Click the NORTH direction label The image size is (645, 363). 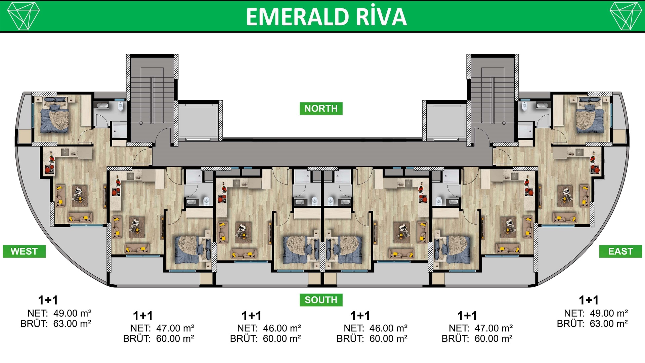(x=321, y=109)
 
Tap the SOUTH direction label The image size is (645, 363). (x=321, y=300)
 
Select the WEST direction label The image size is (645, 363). (x=24, y=251)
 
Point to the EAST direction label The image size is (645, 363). (x=620, y=251)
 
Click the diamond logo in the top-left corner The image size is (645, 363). (x=24, y=16)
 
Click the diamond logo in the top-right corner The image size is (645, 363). (x=626, y=16)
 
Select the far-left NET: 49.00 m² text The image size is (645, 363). (x=59, y=313)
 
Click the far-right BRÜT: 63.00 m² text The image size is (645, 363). (x=593, y=324)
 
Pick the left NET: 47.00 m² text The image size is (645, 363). (x=162, y=328)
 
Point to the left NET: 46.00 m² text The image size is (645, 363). (x=269, y=328)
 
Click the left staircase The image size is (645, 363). (x=152, y=96)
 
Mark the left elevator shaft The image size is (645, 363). (x=199, y=121)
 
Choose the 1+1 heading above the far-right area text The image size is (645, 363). (x=589, y=300)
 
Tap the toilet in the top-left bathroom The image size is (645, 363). (x=121, y=107)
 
